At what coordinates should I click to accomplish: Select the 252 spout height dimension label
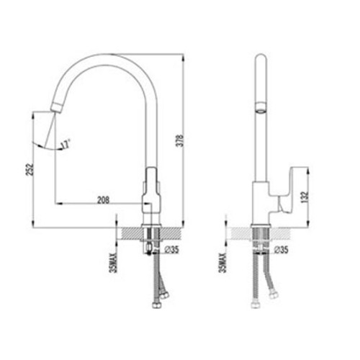coord(30,170)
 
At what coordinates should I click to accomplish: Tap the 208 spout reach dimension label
coord(103,199)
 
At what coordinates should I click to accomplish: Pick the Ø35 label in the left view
coord(172,250)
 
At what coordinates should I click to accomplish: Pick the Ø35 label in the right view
coord(281,250)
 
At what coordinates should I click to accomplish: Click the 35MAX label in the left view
coord(113,263)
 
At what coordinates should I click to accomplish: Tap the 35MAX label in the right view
coord(223,263)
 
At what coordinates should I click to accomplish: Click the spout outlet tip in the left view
coord(55,107)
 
